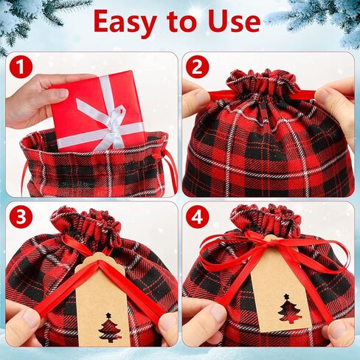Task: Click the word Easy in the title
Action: click(129, 23)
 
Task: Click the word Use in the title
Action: click(231, 23)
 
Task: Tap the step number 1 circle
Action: click(20, 67)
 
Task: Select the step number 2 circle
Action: click(197, 67)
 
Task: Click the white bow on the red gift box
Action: click(103, 118)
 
